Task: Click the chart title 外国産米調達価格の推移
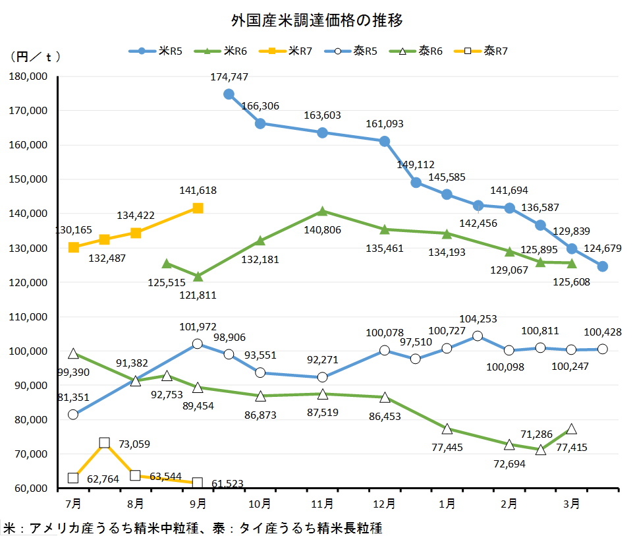tap(317, 20)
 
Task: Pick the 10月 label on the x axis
tap(260, 504)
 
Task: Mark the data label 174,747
tap(229, 77)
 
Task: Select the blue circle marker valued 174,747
tap(229, 94)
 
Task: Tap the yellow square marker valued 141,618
tap(198, 208)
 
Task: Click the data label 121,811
tap(198, 295)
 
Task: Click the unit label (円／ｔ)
tap(36, 57)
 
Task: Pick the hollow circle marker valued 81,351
tap(73, 415)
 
